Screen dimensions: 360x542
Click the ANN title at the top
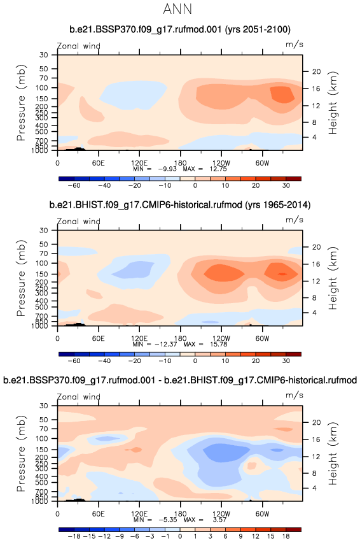(177, 9)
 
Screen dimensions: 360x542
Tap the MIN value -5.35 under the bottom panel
(167, 520)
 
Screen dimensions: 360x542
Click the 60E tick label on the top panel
(99, 163)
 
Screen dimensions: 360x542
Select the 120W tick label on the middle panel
(221, 338)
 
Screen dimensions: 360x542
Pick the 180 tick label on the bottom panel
(180, 513)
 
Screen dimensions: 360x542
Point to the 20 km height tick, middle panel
(317, 247)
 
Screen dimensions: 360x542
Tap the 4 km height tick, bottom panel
(314, 488)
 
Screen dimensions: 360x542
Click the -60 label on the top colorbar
(74, 185)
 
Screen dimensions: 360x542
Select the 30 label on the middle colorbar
(286, 361)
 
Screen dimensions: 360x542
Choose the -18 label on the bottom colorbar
(74, 536)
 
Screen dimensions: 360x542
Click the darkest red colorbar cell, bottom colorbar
(293, 529)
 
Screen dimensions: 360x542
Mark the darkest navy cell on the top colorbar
(66, 179)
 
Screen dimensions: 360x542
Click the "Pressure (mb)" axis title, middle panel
(21, 278)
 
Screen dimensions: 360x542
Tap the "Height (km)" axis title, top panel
(333, 103)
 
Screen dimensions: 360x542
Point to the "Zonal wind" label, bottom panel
(78, 397)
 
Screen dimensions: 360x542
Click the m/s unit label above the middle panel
(294, 220)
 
